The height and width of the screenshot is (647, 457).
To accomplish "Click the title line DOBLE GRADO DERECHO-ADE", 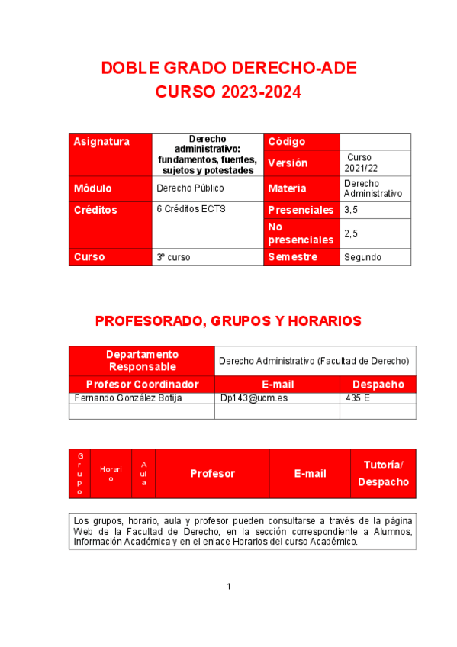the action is coord(228,69).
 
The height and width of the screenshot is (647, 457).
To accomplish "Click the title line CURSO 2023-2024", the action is coord(228,92).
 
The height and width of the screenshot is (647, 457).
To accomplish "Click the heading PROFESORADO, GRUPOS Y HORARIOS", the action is coord(228,321).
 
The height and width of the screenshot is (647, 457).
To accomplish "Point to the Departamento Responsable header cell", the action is coord(142,360).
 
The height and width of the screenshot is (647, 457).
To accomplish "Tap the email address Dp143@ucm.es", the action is coord(254,398).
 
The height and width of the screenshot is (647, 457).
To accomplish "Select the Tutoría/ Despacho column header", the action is coord(383,473).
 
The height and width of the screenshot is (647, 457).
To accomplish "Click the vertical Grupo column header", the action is coord(80,473).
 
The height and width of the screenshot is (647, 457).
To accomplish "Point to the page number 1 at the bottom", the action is coord(228,586).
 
